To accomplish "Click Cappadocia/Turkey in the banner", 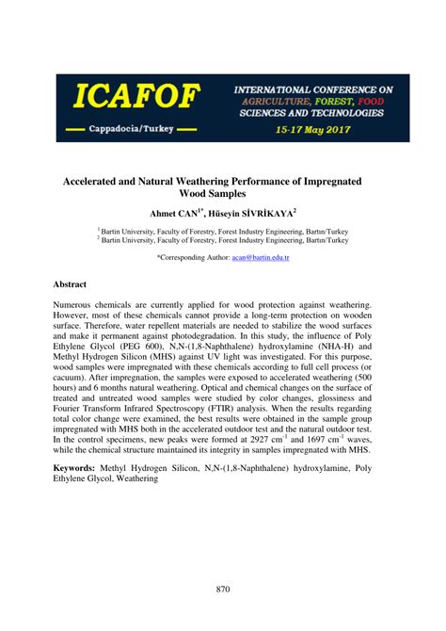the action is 132,127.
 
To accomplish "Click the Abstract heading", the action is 70,283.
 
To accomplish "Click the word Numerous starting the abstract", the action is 76,307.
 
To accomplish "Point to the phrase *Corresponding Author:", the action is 194,256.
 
